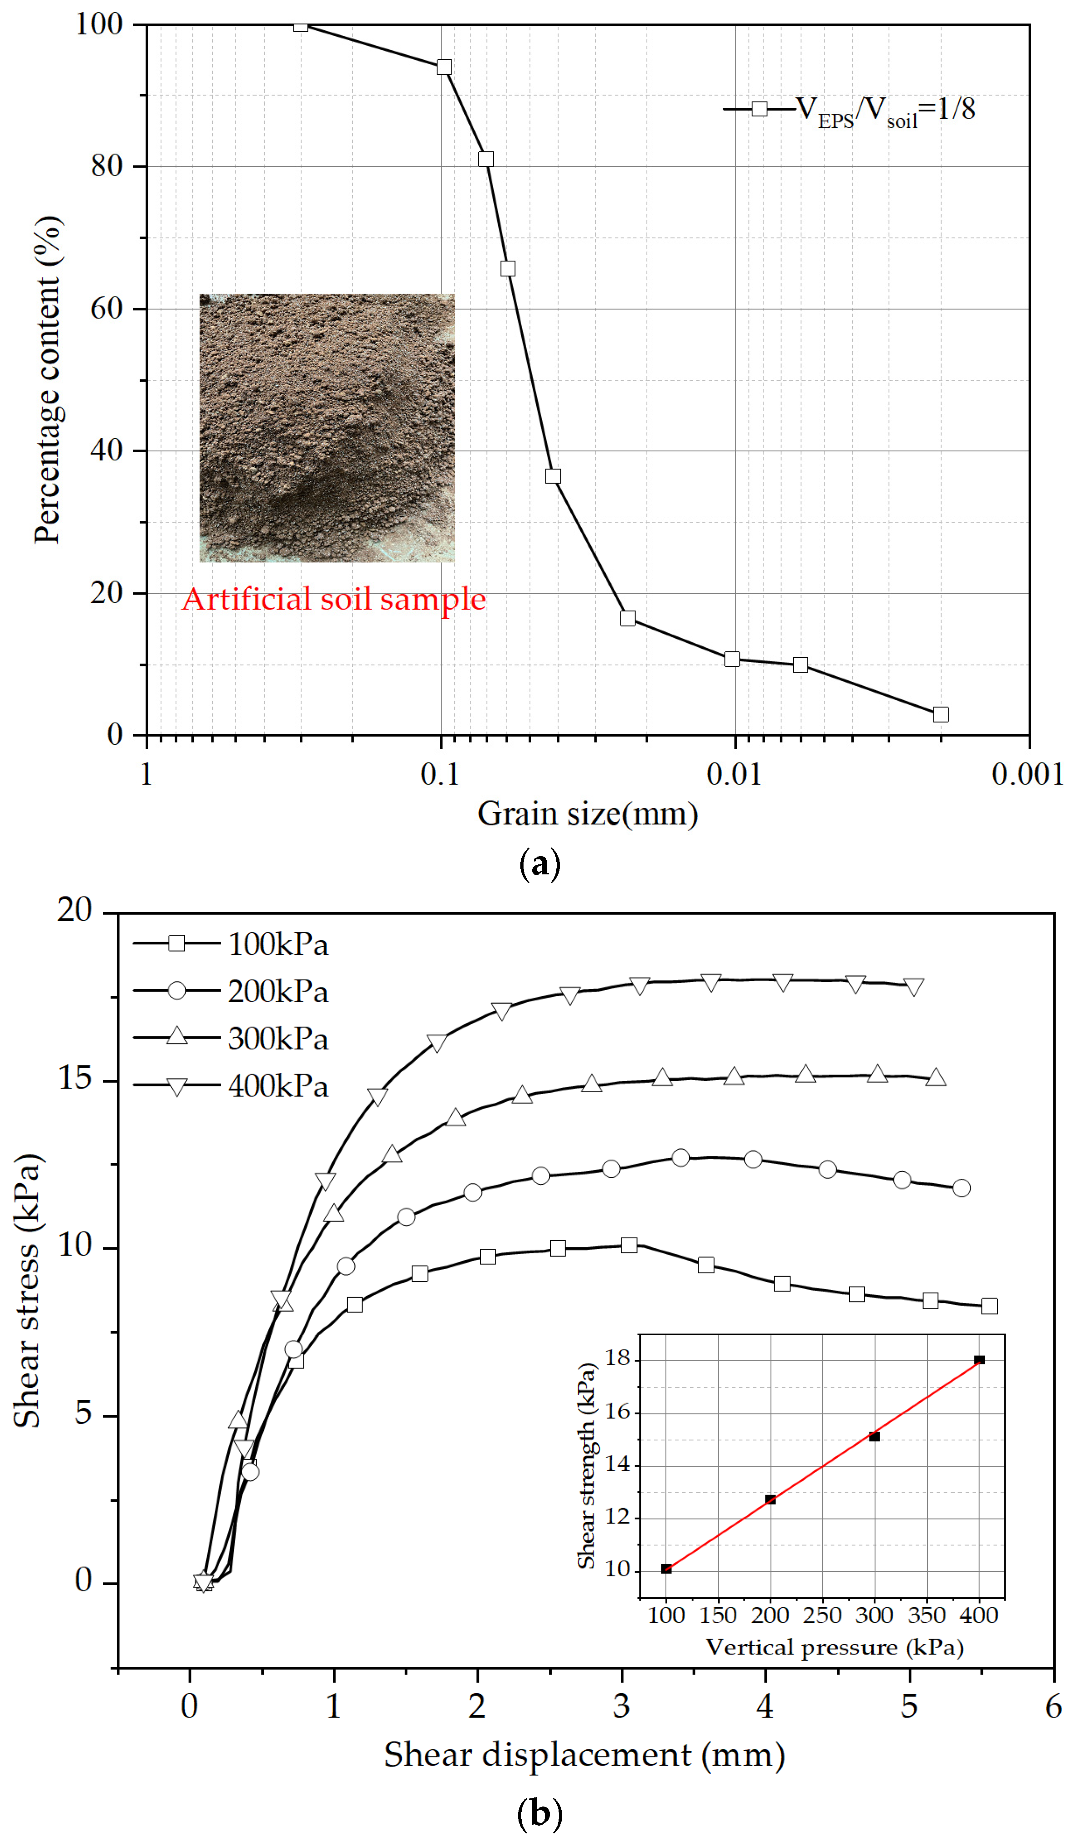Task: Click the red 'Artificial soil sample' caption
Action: coord(334,600)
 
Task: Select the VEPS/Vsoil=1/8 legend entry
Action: coord(849,110)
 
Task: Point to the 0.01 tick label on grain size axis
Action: coord(734,773)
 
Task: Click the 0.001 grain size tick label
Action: coord(1027,773)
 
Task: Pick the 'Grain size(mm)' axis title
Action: coord(588,813)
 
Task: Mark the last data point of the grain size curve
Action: coord(941,714)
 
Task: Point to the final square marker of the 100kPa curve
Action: coord(989,1306)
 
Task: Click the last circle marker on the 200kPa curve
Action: coord(961,1188)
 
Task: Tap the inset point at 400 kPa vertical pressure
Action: coord(979,1360)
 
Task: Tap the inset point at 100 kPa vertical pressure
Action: coord(666,1569)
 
